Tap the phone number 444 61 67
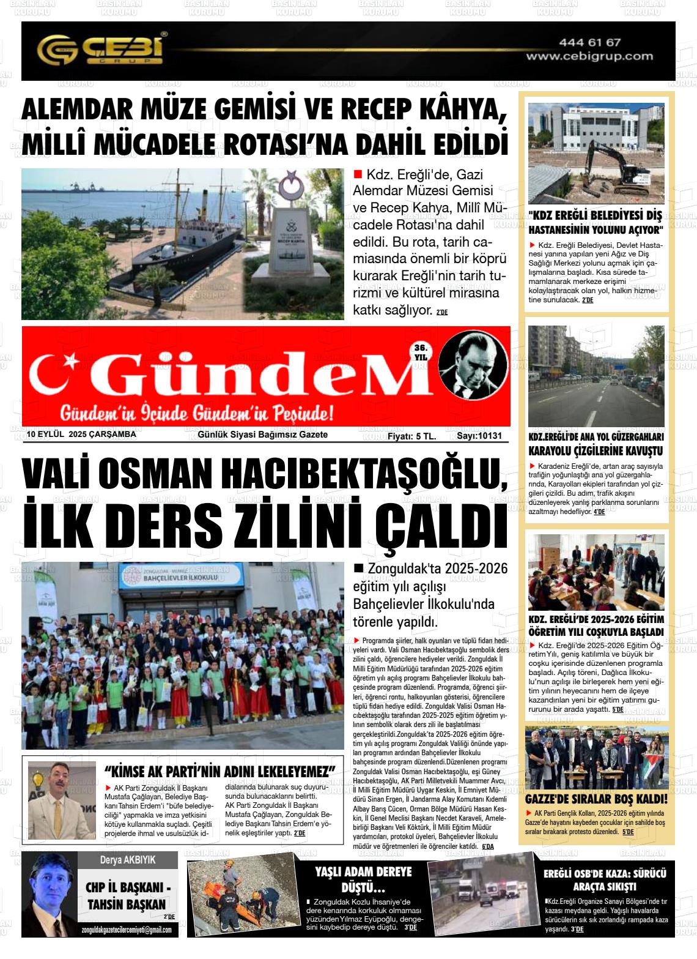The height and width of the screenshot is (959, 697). (589, 42)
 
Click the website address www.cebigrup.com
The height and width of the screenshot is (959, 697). (589, 56)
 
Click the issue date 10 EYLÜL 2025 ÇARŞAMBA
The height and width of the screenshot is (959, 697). (81, 435)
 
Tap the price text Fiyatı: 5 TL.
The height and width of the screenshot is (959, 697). (411, 436)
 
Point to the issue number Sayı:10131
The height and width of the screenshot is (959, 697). (479, 436)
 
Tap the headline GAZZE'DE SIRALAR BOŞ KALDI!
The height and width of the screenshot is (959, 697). (596, 799)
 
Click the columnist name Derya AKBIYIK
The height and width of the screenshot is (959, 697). (128, 859)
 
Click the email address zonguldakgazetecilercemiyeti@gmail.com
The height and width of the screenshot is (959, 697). (127, 930)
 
